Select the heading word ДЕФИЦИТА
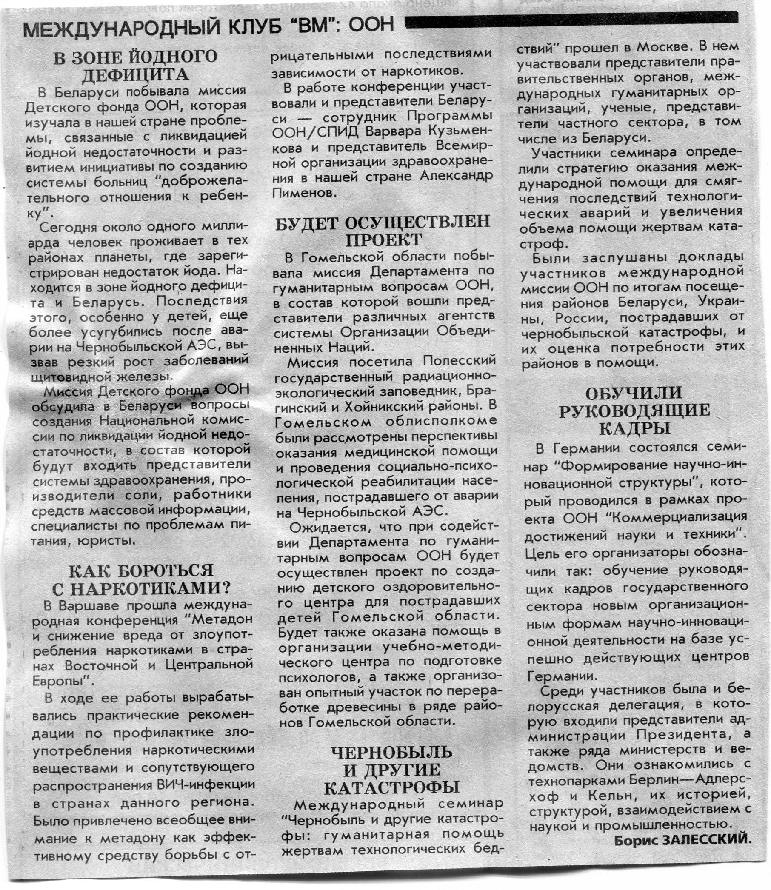135,75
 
